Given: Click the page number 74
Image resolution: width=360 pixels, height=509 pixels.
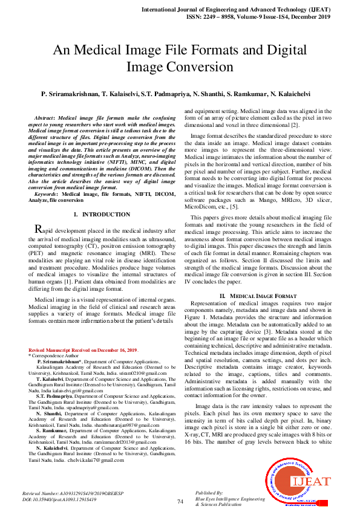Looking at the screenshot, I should click(x=180, y=501).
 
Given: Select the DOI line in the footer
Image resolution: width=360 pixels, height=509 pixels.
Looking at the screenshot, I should click(x=59, y=500).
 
